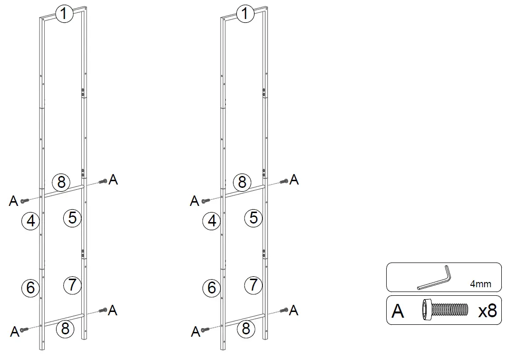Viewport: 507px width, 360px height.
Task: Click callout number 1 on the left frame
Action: click(x=64, y=14)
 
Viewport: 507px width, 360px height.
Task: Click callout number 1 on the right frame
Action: click(x=245, y=14)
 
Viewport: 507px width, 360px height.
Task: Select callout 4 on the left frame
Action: click(x=30, y=221)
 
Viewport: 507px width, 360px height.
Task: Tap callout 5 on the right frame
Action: click(x=253, y=218)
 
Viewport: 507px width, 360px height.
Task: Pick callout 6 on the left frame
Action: click(x=30, y=288)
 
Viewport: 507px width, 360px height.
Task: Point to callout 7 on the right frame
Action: click(x=253, y=285)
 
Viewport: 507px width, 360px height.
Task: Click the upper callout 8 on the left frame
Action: click(x=61, y=182)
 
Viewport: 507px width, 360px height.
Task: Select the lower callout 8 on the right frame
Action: click(x=246, y=329)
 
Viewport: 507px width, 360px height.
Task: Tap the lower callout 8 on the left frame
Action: click(x=65, y=329)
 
